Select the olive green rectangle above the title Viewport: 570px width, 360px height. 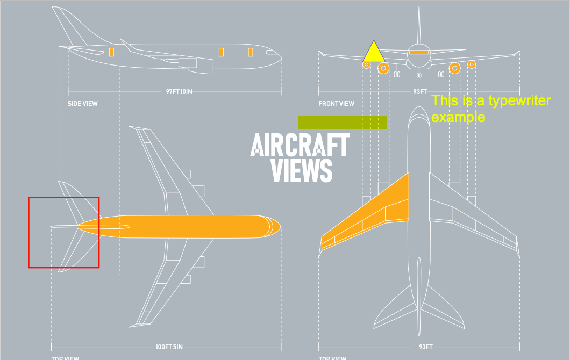(343, 123)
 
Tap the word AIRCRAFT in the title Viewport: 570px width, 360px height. (300, 145)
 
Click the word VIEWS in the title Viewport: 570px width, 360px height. (301, 170)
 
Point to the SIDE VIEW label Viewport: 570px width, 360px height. (82, 104)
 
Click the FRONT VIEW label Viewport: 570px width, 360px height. (336, 104)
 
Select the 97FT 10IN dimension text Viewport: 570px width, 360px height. (179, 92)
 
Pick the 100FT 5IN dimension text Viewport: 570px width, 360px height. (169, 347)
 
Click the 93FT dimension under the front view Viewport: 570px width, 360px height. (419, 92)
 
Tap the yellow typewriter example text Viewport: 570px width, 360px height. (490, 109)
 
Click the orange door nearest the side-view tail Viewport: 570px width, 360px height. (111, 52)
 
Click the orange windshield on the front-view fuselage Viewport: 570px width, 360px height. (419, 52)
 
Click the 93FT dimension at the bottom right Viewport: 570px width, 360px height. (426, 347)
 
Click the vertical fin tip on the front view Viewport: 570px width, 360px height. (419, 10)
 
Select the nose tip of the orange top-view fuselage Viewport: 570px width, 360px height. (279, 226)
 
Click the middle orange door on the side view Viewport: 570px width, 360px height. (221, 52)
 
